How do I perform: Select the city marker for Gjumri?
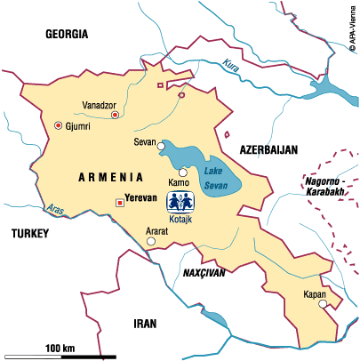coord(59,126)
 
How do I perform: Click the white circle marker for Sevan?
coord(161,147)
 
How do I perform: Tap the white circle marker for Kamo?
coord(183,172)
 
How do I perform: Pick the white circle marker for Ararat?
coord(151,240)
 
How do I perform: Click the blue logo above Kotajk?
coord(180,199)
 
